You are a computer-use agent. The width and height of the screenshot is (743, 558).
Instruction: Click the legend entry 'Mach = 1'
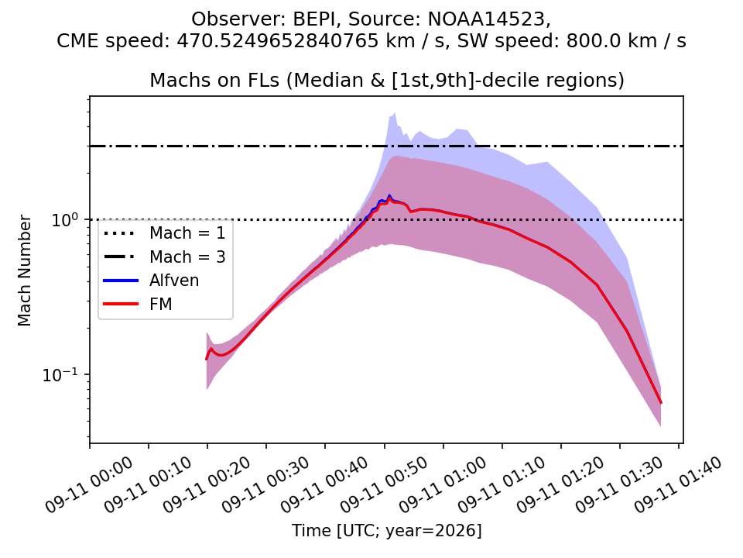click(x=187, y=233)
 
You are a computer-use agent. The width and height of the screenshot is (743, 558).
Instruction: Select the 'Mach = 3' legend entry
click(x=187, y=257)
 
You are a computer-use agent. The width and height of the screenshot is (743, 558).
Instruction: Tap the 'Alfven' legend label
click(x=174, y=281)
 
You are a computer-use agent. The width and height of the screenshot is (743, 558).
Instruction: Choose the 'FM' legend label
click(x=161, y=304)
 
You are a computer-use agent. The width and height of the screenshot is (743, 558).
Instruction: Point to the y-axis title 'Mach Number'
click(x=24, y=270)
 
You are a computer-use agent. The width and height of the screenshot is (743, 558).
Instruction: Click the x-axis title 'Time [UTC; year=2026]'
click(x=386, y=530)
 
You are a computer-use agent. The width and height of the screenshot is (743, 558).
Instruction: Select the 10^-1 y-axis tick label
click(x=60, y=374)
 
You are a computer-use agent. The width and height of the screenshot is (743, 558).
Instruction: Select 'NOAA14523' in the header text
click(x=488, y=19)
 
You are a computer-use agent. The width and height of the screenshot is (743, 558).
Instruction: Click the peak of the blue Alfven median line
click(x=389, y=195)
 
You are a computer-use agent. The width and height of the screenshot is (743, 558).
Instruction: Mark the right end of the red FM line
click(x=661, y=403)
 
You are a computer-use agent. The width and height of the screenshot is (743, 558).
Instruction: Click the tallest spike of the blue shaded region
click(x=395, y=113)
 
